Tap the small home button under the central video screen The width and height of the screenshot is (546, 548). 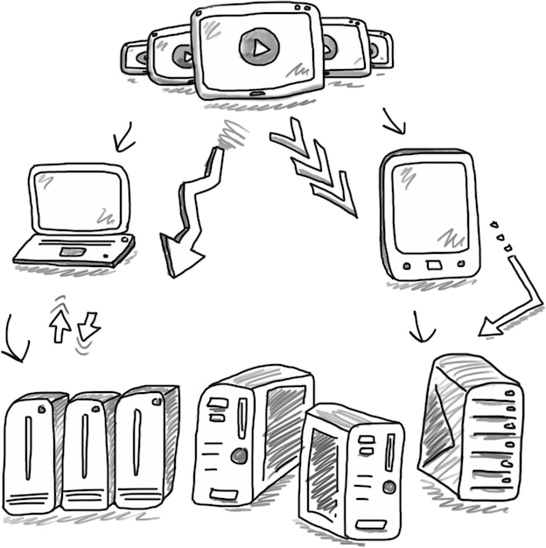coord(255,93)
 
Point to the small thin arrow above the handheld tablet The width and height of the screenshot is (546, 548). coord(394,123)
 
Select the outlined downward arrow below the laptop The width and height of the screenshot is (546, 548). coord(88,327)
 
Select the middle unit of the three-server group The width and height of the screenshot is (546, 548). coord(88,451)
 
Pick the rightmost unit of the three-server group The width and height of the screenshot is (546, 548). coord(144,446)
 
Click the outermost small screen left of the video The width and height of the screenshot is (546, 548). coord(133,57)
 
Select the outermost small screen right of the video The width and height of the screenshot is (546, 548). coord(381,49)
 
